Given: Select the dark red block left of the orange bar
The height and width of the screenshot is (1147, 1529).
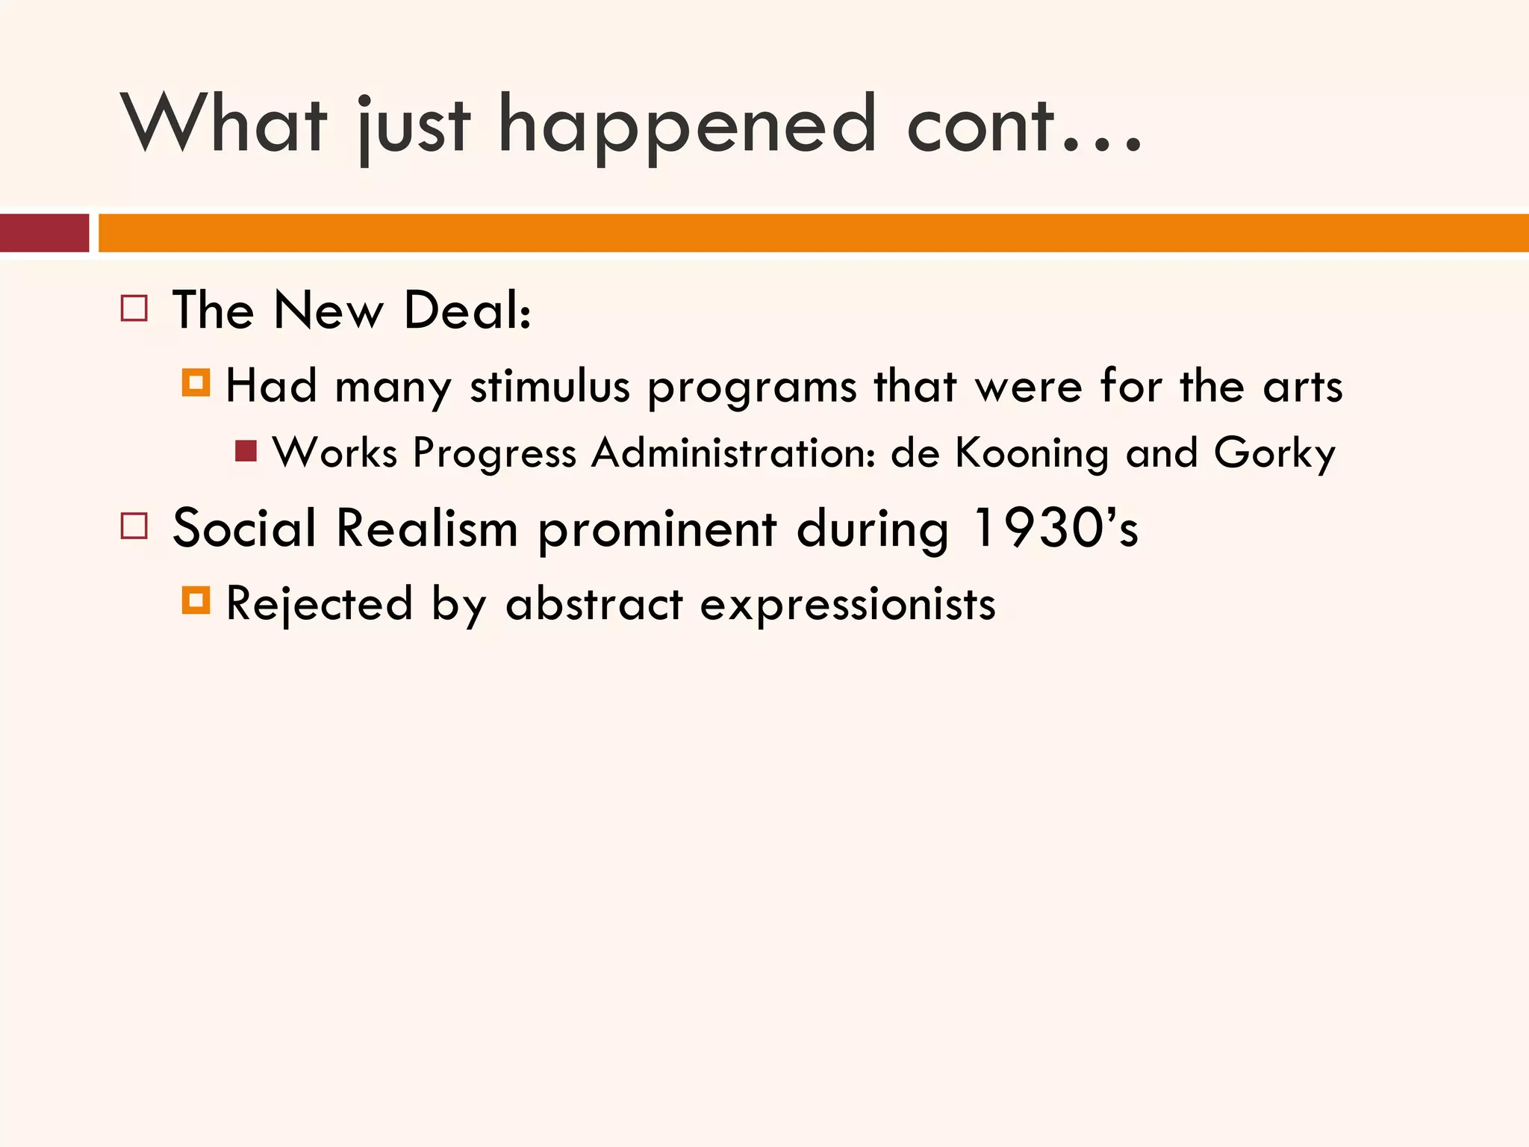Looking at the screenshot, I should pyautogui.click(x=44, y=233).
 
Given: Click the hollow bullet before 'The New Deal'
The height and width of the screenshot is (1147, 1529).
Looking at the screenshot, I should pyautogui.click(x=134, y=308).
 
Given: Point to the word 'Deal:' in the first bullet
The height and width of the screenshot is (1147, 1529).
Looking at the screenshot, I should pyautogui.click(x=467, y=310).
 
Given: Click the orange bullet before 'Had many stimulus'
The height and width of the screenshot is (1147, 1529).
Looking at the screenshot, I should pyautogui.click(x=196, y=383).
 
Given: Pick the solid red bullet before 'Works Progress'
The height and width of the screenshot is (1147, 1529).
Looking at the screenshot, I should pyautogui.click(x=246, y=451).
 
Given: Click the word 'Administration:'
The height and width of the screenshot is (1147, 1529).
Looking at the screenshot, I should pyautogui.click(x=733, y=453).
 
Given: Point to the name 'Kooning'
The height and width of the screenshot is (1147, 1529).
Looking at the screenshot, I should pyautogui.click(x=1032, y=453).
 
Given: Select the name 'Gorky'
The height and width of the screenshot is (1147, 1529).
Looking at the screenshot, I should pyautogui.click(x=1274, y=453).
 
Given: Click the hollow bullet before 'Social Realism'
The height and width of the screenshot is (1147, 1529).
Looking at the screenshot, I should pyautogui.click(x=134, y=526).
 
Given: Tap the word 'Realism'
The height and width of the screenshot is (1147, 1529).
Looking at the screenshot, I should pyautogui.click(x=427, y=529).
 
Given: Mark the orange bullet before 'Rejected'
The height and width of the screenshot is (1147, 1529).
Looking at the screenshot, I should pyautogui.click(x=196, y=600).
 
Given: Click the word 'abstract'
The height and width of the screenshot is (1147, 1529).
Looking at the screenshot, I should pyautogui.click(x=594, y=603).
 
